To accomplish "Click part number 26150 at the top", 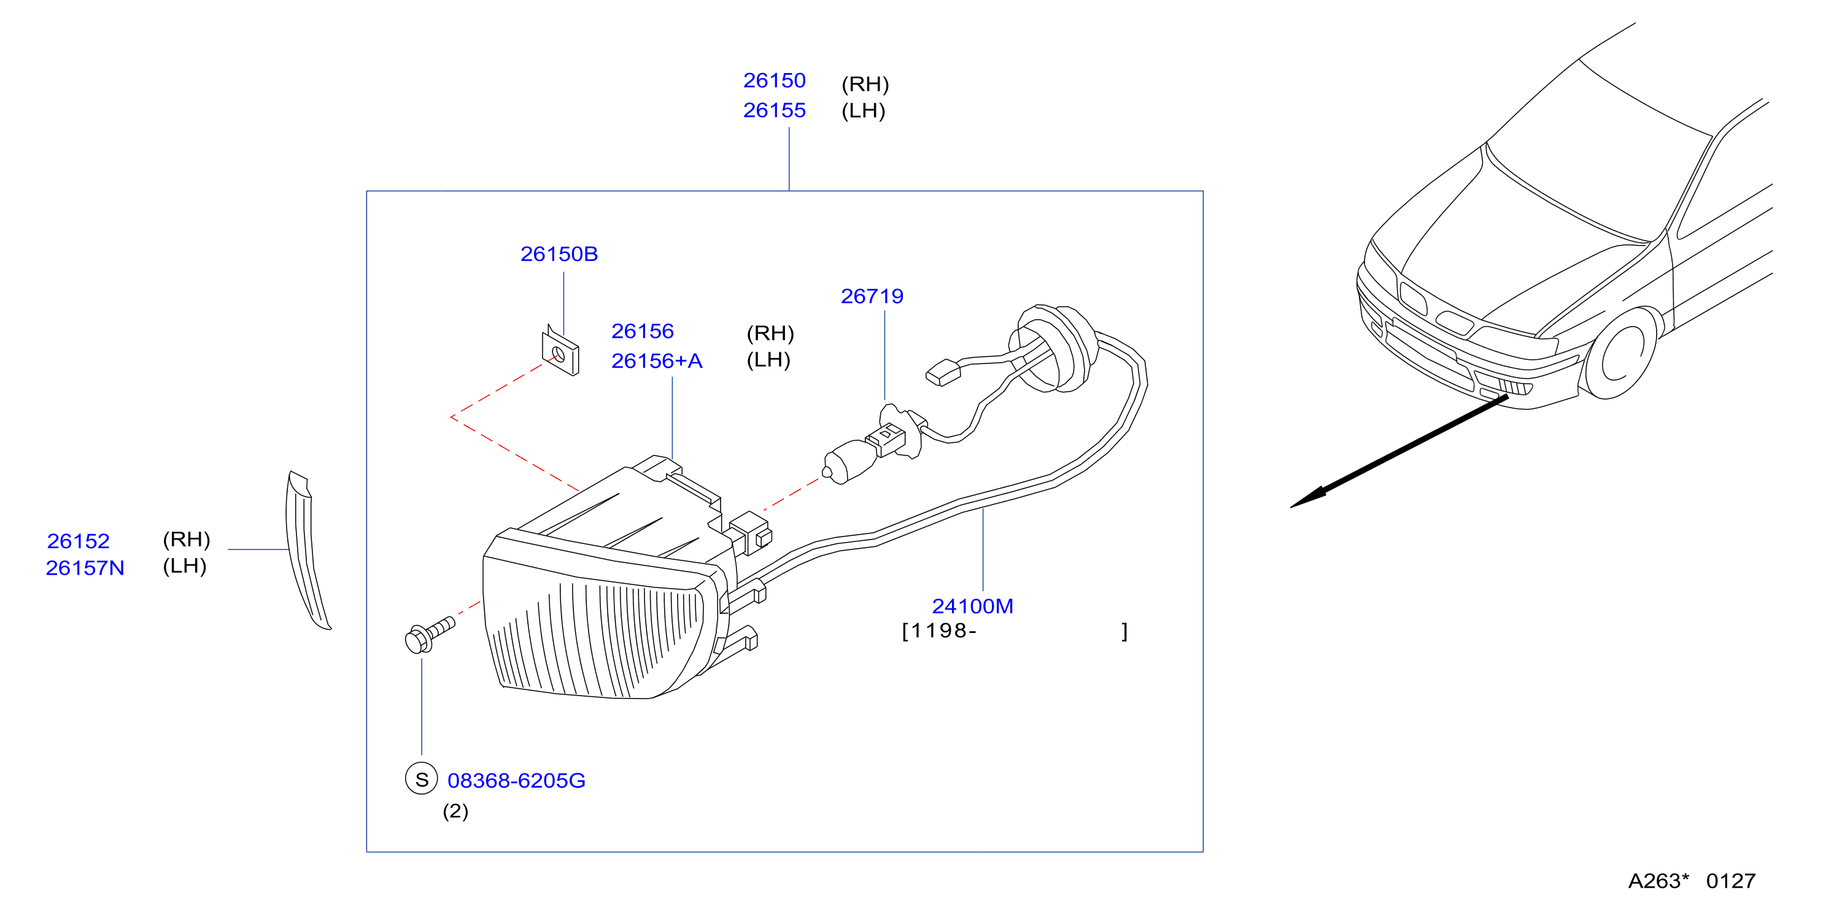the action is (774, 81).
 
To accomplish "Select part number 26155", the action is (774, 110).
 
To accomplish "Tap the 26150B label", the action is (559, 254).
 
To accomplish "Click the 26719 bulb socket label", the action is (872, 297).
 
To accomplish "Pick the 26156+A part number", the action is (656, 361).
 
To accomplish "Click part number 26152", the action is (78, 541).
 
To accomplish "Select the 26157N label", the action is (85, 568).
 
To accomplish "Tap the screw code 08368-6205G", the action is (516, 781).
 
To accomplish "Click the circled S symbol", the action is (421, 779).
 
